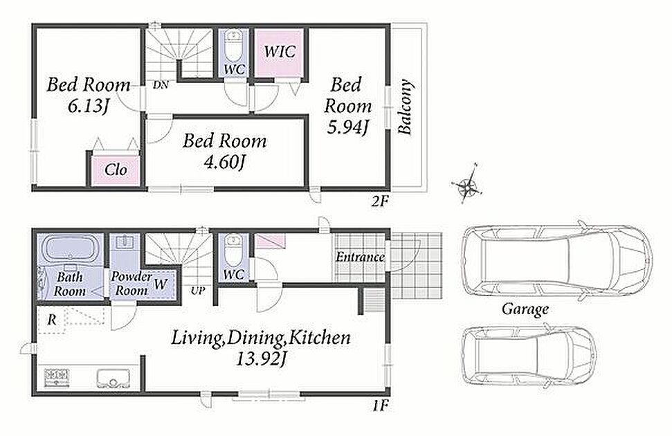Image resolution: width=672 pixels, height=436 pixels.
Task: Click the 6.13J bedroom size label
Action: coord(88,106)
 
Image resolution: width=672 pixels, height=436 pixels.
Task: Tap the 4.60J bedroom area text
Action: coord(224,163)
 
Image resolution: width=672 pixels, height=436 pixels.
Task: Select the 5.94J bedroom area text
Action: coord(347,127)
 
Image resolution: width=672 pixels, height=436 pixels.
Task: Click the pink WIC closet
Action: coord(280,53)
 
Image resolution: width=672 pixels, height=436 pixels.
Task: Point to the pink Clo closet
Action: coord(116,170)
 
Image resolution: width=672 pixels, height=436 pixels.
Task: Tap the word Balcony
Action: coord(405,107)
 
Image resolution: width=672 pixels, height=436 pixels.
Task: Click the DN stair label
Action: coord(161,85)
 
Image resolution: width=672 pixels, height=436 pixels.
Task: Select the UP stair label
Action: coord(197,291)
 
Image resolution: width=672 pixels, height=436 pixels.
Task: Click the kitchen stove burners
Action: coord(57,378)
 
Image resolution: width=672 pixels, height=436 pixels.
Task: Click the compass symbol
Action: coord(466,184)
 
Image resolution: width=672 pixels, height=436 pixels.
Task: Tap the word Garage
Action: coord(525,309)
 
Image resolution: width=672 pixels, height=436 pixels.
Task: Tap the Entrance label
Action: coord(360,257)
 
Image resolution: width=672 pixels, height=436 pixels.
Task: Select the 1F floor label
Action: coord(380,405)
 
